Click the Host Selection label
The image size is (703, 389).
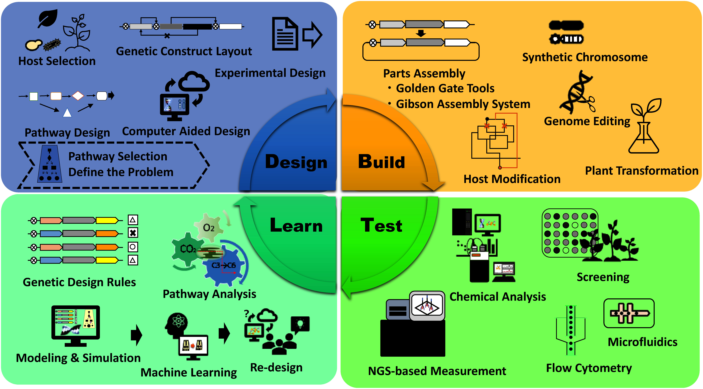(x=57, y=61)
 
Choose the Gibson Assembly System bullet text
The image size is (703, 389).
(x=463, y=104)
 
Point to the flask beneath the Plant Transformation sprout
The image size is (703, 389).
(x=644, y=139)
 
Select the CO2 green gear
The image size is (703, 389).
(x=188, y=249)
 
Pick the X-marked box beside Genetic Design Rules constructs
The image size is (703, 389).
(x=133, y=233)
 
